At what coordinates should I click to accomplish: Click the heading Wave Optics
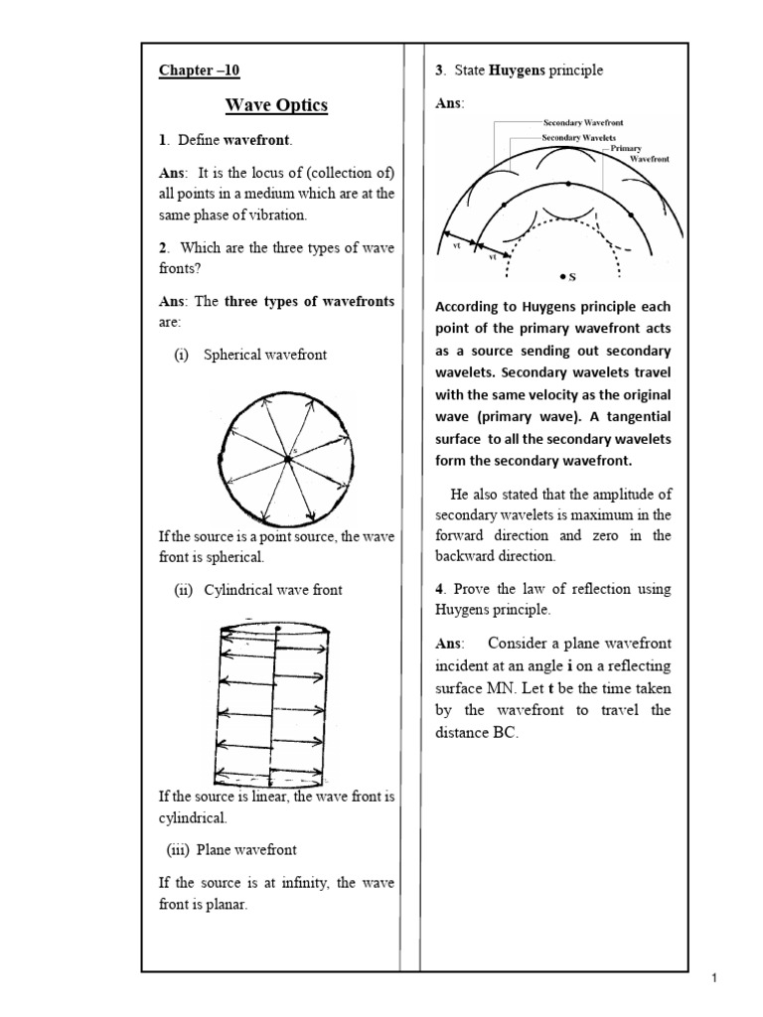pyautogui.click(x=276, y=105)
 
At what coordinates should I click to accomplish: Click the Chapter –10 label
pyautogui.click(x=200, y=70)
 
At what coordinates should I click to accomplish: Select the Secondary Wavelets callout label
pyautogui.click(x=578, y=135)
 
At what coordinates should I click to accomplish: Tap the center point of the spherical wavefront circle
pyautogui.click(x=287, y=458)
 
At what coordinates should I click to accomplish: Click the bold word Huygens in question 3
pyautogui.click(x=513, y=71)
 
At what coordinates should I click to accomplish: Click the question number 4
pyautogui.click(x=440, y=589)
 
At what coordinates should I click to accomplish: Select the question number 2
pyautogui.click(x=163, y=247)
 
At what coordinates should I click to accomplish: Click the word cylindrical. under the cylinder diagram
pyautogui.click(x=193, y=817)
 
